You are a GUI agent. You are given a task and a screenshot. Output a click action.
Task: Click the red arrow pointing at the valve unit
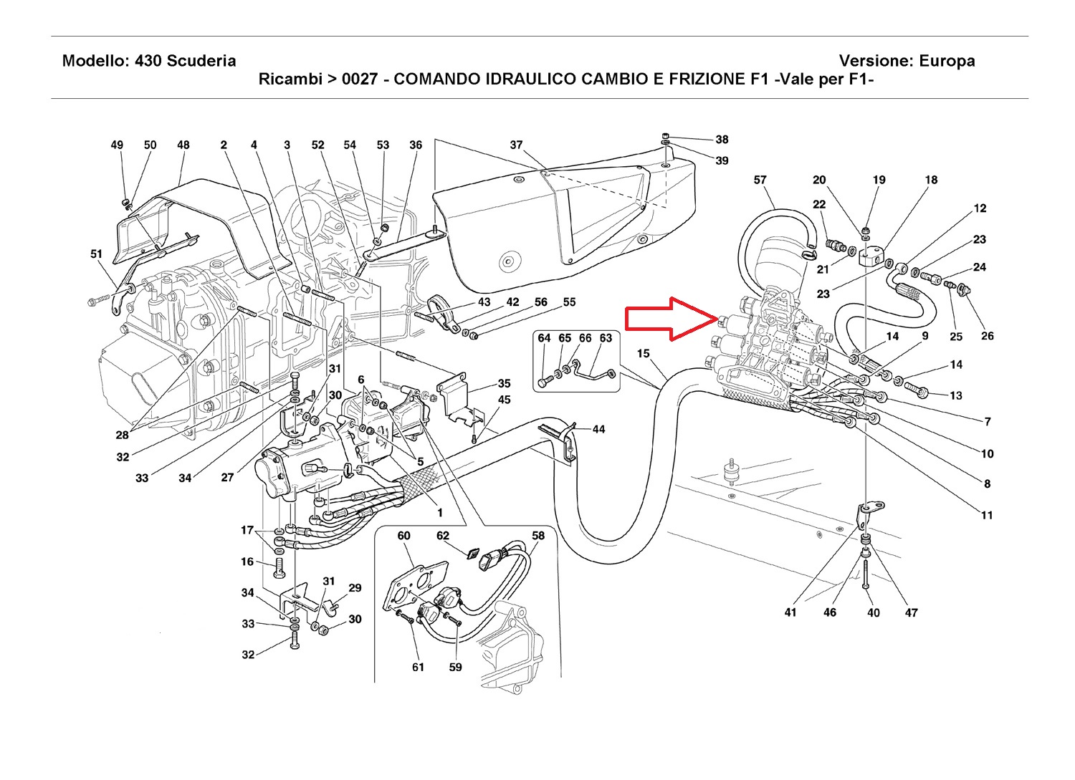[x=670, y=318]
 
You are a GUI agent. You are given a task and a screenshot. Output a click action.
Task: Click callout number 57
[x=760, y=180]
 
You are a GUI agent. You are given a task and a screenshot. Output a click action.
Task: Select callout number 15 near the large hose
[x=643, y=353]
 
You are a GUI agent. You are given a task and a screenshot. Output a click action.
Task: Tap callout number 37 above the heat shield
[x=516, y=145]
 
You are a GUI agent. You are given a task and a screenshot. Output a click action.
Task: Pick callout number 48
[x=183, y=145]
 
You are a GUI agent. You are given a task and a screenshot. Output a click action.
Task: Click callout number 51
[x=97, y=254]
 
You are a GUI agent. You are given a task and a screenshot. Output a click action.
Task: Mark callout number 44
[x=598, y=429]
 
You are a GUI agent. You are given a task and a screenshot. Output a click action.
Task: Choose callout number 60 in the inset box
[x=403, y=536]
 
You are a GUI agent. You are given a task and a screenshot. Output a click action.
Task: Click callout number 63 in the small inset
[x=606, y=338]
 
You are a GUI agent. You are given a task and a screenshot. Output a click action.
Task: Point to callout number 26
[x=988, y=336]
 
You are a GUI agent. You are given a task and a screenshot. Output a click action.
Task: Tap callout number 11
[x=987, y=515]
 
